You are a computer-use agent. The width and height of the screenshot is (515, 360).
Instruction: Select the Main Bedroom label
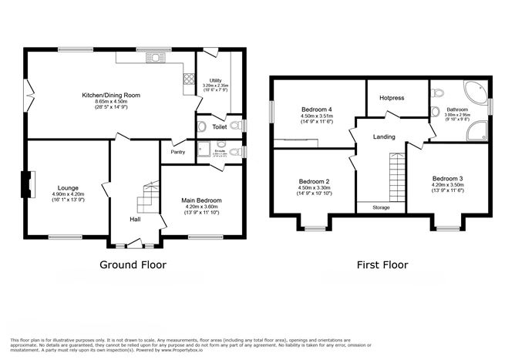click(x=200, y=200)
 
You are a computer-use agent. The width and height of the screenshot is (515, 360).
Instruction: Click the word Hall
click(x=135, y=220)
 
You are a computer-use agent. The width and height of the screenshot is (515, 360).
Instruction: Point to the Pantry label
click(x=177, y=153)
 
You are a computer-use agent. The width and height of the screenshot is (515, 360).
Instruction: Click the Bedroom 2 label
click(x=315, y=181)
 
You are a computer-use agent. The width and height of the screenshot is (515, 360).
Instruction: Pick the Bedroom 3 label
click(x=447, y=178)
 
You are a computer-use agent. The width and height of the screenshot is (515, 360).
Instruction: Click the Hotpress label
click(x=396, y=97)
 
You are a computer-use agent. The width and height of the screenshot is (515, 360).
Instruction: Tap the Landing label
click(x=384, y=136)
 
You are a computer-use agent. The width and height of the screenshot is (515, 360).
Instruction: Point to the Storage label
click(x=381, y=208)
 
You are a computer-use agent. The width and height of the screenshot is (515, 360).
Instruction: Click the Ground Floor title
click(x=135, y=264)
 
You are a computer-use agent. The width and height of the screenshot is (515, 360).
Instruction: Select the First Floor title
click(x=382, y=264)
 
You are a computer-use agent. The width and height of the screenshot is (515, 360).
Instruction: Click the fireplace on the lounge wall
click(x=25, y=184)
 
